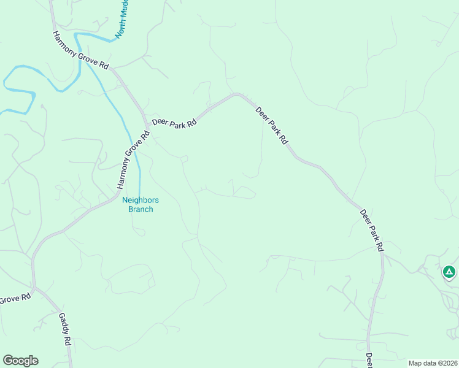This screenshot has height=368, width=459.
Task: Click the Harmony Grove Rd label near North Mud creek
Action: (x=80, y=50)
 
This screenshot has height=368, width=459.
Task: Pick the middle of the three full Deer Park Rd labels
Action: (x=271, y=125)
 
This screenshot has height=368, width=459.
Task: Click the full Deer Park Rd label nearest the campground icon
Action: (x=372, y=230)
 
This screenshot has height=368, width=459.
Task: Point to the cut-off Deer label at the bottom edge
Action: (x=369, y=360)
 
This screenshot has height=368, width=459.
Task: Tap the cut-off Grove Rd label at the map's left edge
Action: (x=15, y=299)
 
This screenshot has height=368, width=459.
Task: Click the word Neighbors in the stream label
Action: (x=141, y=201)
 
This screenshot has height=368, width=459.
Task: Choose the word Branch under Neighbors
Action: (x=141, y=209)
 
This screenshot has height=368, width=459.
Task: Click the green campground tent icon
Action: (x=449, y=271)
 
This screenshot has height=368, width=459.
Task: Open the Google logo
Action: (x=20, y=361)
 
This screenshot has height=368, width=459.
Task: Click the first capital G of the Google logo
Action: (x=8, y=361)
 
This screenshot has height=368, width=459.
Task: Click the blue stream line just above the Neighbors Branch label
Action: (x=139, y=184)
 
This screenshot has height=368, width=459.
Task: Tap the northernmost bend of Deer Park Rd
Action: (x=237, y=94)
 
